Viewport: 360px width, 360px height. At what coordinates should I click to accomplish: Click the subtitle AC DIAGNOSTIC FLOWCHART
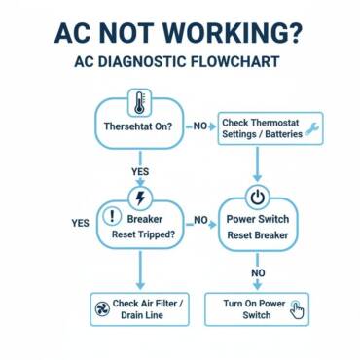tap(176, 62)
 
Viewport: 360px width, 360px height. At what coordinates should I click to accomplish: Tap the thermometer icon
tap(140, 102)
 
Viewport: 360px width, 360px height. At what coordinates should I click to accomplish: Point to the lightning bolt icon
tap(140, 198)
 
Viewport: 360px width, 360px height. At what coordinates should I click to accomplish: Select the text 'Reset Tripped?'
tap(145, 235)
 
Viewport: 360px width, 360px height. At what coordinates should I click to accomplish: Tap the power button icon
tap(257, 198)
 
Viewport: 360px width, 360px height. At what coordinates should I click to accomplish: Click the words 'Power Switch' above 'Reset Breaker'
tap(258, 220)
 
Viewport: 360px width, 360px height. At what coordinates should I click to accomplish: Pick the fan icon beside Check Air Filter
tap(101, 309)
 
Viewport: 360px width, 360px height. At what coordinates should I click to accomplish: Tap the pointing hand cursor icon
tap(298, 310)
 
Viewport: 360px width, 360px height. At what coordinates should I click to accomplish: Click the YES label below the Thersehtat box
tap(140, 171)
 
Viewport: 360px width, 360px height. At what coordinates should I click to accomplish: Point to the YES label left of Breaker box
tap(80, 223)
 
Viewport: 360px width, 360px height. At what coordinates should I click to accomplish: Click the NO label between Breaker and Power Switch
tap(201, 221)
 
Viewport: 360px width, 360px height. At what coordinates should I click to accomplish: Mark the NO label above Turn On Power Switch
tap(258, 273)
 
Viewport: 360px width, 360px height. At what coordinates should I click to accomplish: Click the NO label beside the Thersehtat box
tap(200, 126)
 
